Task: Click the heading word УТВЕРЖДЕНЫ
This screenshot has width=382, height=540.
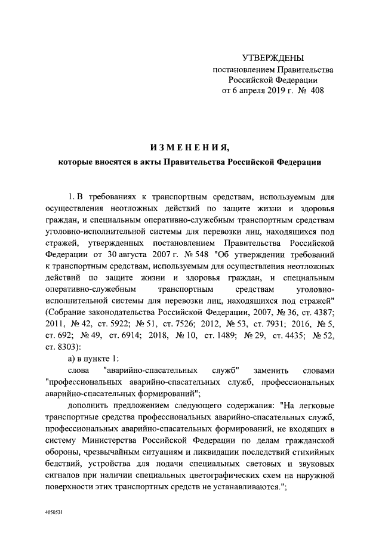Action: pos(273,58)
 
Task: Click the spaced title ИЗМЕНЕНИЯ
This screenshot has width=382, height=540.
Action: pos(189,147)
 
